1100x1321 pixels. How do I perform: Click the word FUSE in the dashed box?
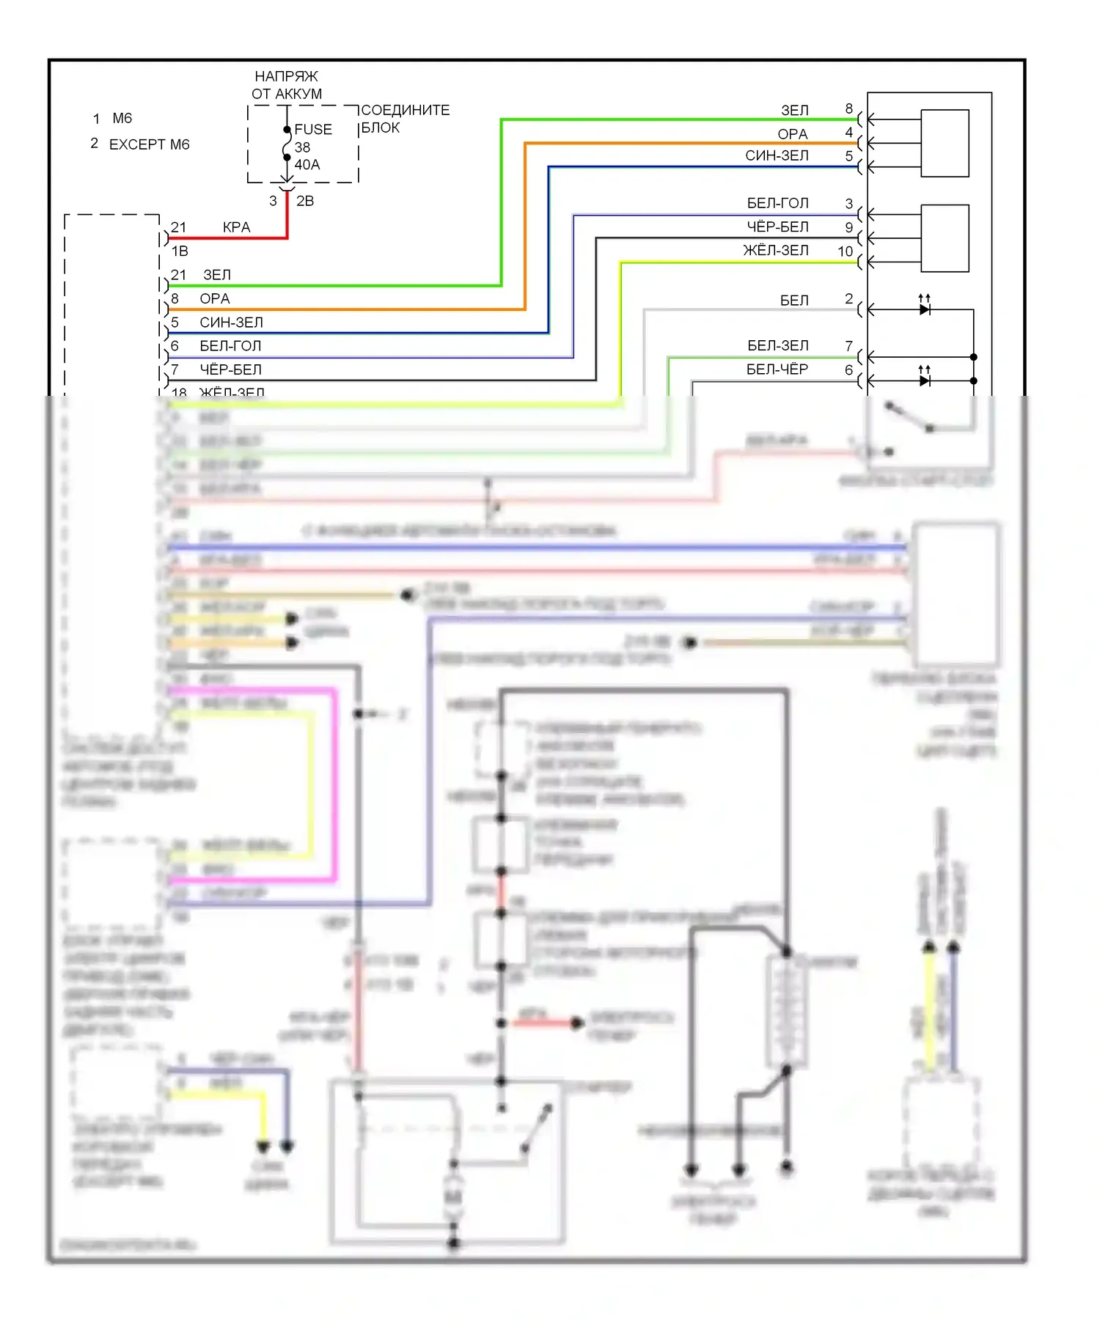tap(313, 129)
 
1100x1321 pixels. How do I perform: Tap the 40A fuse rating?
tap(307, 165)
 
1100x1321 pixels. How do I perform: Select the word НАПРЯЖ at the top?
tap(286, 76)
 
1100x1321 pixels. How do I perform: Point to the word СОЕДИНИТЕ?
tap(406, 110)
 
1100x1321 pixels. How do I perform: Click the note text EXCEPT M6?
tap(149, 144)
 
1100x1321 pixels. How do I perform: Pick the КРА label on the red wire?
tap(236, 227)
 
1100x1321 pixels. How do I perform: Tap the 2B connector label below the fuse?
tap(305, 201)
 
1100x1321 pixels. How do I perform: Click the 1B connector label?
tap(180, 251)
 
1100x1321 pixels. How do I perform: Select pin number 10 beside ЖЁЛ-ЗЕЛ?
tap(845, 251)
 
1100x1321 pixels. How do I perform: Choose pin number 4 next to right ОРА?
tap(849, 133)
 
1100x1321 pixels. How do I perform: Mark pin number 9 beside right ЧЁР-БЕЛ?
tap(849, 227)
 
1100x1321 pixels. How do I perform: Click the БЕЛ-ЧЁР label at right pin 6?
tap(777, 369)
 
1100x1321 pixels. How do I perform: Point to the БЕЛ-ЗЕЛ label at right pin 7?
tap(777, 345)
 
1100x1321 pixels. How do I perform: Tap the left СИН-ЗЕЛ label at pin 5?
tap(231, 323)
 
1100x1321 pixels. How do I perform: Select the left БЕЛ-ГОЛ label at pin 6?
tap(230, 346)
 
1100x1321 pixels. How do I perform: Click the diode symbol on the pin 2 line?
tap(925, 309)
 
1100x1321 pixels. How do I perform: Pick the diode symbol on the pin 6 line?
tap(925, 380)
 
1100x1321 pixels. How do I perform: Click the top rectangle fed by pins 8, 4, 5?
tap(945, 143)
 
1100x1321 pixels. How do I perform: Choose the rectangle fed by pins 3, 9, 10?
tap(945, 238)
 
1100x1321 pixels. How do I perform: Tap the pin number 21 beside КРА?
tap(178, 227)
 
